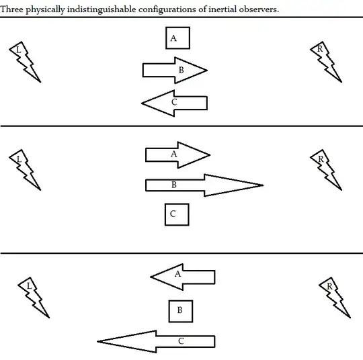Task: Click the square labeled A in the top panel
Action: tap(177, 38)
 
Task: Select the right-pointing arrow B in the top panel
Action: tap(175, 70)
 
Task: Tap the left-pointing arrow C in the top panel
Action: tap(174, 103)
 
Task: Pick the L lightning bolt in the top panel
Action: tap(25, 62)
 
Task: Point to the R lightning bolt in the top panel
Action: tap(326, 62)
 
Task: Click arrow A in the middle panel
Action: tap(177, 154)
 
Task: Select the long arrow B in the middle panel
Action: tap(204, 185)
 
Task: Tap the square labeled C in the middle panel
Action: tap(177, 214)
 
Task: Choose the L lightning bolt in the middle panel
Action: tap(25, 170)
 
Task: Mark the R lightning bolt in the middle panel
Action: tap(326, 170)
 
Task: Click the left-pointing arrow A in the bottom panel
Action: tap(183, 277)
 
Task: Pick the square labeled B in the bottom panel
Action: tap(181, 311)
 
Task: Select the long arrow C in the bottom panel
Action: tap(156, 341)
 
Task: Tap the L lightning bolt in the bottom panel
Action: tap(34, 298)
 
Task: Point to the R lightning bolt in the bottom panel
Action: tap(335, 298)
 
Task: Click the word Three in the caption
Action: tap(11, 9)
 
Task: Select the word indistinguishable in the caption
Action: tap(102, 9)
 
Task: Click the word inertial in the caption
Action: tap(223, 9)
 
